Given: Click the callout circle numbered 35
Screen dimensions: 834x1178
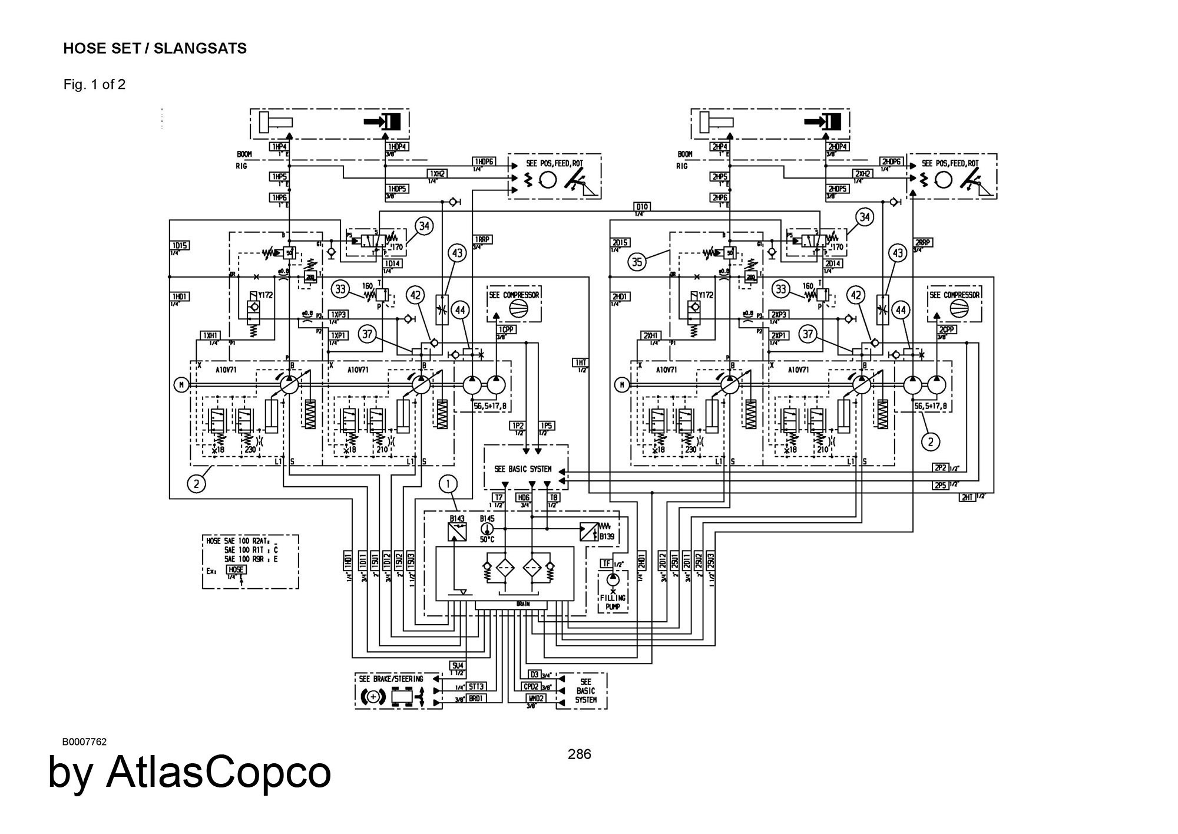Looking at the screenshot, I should point(637,261).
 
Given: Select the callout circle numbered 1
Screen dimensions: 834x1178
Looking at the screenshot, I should point(448,484).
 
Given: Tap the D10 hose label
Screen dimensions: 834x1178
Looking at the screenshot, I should point(642,206).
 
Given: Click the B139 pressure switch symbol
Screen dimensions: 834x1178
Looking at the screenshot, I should point(589,532).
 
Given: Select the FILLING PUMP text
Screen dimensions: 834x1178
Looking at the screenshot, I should point(613,602).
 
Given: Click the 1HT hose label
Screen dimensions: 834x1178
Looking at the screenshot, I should point(580,363).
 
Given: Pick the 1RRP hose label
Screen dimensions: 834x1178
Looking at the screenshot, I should point(482,240).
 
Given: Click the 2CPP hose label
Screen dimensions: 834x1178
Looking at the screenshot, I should point(947,330).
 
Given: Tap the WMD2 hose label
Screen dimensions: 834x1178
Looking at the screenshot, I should point(536,698).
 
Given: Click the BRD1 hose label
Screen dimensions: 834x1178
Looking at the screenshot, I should point(476,698).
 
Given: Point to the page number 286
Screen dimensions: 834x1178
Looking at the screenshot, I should point(579,754).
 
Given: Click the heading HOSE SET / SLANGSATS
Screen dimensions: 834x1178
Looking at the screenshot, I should point(155,48).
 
